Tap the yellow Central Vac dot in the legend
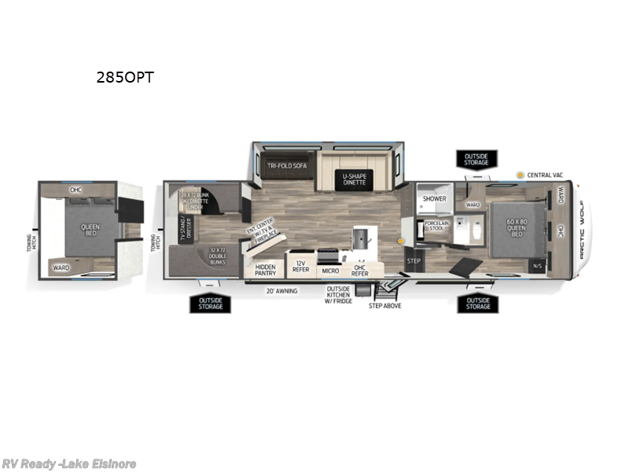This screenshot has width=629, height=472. pos(520,174)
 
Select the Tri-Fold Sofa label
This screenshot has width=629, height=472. pos(284,166)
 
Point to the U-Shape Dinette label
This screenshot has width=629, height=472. pos(355,179)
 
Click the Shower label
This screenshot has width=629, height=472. pos(434,199)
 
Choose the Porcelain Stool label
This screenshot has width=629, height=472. pos(436,227)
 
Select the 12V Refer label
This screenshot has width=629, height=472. pos(300,265)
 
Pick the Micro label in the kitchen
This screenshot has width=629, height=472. pos(330,271)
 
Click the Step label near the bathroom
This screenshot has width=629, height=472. pos(414,261)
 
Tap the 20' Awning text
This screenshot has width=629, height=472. pos(281,289)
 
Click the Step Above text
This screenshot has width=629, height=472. pos(385,305)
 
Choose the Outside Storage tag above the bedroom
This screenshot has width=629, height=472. pos(476,160)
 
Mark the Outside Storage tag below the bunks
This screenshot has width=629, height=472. pos(210,302)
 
